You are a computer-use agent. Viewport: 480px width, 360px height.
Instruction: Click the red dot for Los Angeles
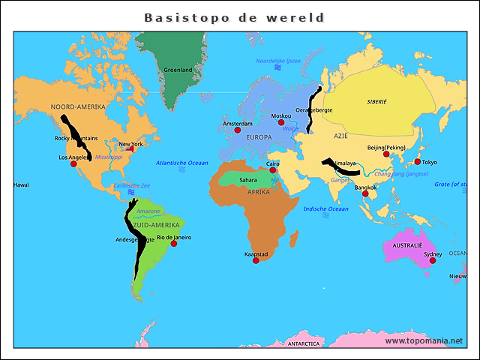click(x=73, y=163)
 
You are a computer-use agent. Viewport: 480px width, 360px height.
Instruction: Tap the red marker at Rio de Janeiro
click(x=173, y=244)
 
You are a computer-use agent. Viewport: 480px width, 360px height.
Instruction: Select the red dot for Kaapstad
click(x=256, y=261)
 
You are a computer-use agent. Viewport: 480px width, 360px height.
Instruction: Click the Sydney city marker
click(x=432, y=260)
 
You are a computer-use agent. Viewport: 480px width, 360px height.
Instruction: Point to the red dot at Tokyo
click(x=418, y=161)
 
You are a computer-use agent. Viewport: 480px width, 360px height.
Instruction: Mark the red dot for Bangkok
click(x=365, y=193)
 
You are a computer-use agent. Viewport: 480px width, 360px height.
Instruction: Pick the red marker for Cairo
click(x=273, y=170)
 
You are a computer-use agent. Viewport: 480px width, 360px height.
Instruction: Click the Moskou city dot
click(x=281, y=122)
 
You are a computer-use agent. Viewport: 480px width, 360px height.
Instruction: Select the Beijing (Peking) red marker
click(x=386, y=154)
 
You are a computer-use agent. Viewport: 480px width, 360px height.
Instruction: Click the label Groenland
click(x=178, y=70)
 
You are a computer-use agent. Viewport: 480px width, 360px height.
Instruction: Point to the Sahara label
click(x=248, y=180)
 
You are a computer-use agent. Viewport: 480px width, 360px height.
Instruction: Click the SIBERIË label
click(x=377, y=100)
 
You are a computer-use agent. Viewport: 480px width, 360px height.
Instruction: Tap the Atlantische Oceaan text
click(x=182, y=163)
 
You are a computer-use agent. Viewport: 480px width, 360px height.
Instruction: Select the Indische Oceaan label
click(x=325, y=209)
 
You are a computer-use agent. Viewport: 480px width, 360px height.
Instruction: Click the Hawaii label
click(x=21, y=184)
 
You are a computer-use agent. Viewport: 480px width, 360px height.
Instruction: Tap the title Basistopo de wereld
click(x=234, y=16)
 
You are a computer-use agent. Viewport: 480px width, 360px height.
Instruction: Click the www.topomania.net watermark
click(x=424, y=341)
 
